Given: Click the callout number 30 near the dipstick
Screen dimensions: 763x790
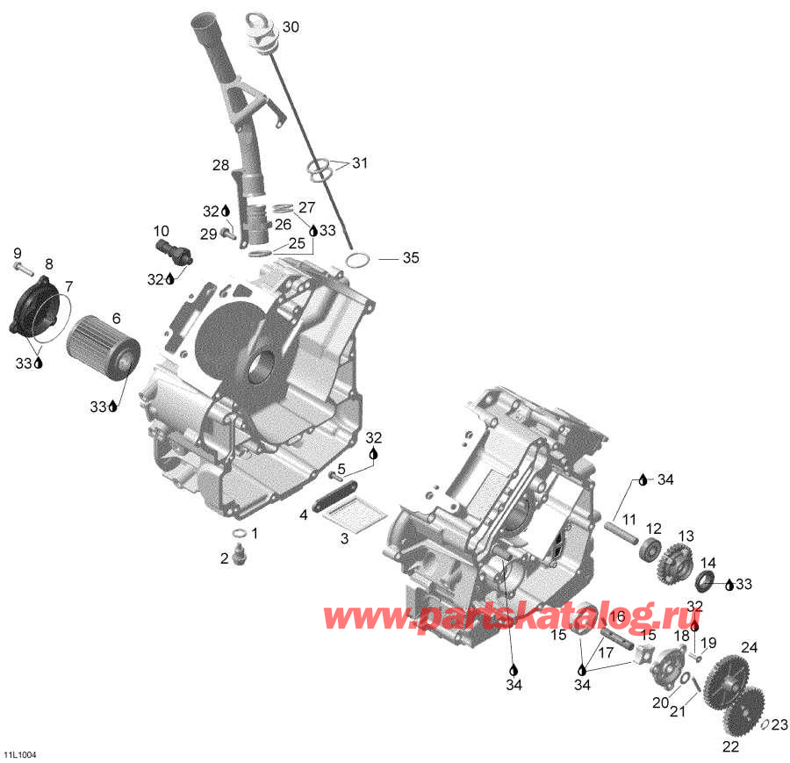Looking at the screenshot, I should pos(290,27).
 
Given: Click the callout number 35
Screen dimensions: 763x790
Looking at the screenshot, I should pos(412,258).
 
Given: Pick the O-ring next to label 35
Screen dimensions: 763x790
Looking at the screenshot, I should pos(357,260).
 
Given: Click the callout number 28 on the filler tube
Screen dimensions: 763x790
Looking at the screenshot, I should pos(219,164).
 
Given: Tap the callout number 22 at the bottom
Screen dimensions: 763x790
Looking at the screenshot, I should pos(730,746).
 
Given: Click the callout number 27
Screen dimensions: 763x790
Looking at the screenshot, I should pos(305,207).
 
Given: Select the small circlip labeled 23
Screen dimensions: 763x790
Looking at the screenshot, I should pos(765,724).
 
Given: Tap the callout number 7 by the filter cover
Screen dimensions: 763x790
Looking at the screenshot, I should pos(68,286).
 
